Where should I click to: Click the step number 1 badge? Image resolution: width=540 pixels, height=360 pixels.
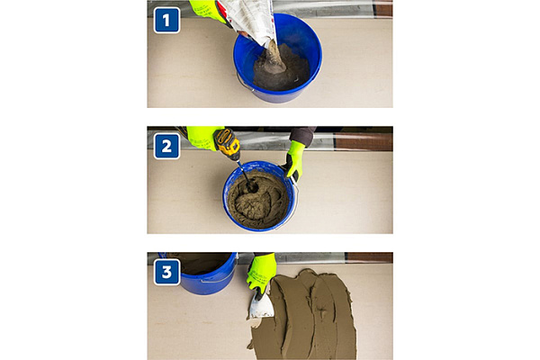(166, 21)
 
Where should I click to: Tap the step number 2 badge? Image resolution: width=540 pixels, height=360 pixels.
(166, 147)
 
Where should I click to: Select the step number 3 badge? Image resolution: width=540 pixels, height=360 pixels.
(166, 272)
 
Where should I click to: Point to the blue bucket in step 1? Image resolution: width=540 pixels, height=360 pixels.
(277, 58)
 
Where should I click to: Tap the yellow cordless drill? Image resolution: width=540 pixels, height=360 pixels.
(228, 144)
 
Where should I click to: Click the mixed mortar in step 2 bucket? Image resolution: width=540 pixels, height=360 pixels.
(258, 199)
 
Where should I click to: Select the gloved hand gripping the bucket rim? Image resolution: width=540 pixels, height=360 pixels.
(294, 160)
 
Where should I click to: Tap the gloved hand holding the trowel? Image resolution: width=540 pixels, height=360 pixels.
(261, 273)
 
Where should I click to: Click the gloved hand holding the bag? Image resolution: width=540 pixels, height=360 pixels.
(207, 10)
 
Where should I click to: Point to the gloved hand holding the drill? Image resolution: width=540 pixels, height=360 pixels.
(203, 138)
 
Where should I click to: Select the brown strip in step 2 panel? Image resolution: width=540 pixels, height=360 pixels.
(364, 141)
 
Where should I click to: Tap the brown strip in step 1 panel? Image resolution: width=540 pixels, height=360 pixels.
(383, 9)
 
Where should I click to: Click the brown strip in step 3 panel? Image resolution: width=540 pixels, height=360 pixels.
(369, 257)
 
